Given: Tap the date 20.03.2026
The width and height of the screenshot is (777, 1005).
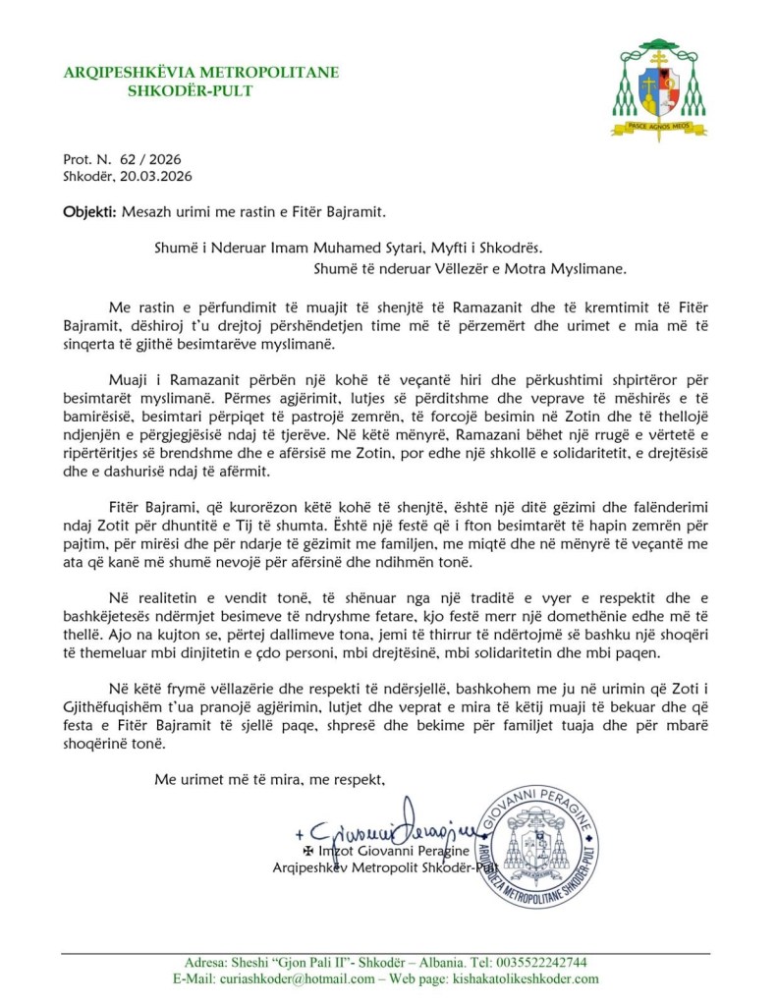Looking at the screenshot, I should point(157,176).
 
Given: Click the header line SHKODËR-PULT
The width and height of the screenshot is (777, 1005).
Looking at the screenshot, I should point(191,91).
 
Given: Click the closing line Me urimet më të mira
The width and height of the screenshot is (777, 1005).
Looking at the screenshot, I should point(271,779).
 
